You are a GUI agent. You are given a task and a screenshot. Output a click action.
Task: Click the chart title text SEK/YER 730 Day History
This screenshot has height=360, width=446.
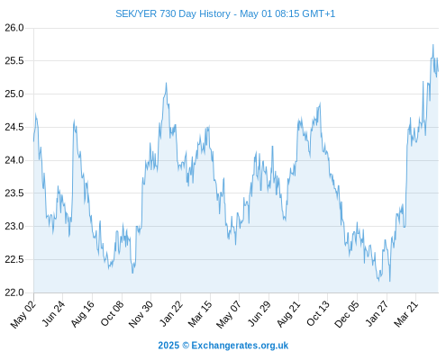(x=173, y=13)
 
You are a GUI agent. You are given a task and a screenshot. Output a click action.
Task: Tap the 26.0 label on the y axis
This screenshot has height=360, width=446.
(x=14, y=28)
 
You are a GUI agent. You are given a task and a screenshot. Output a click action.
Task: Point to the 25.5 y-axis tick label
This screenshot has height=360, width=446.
(x=14, y=61)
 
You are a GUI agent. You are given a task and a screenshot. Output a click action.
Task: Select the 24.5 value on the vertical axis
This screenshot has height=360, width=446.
(x=14, y=127)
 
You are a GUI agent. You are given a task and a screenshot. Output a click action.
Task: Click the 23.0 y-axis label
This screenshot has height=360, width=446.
(x=14, y=226)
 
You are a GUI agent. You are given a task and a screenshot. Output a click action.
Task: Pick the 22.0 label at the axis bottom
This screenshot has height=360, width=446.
(x=14, y=292)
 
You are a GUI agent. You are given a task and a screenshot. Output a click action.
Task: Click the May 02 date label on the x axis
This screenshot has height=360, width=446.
(x=23, y=314)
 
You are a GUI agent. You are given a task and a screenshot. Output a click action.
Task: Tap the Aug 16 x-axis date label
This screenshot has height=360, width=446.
(x=83, y=313)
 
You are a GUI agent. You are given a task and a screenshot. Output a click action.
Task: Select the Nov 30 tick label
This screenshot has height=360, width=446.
(x=141, y=314)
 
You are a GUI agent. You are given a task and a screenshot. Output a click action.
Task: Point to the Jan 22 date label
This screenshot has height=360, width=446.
(x=171, y=313)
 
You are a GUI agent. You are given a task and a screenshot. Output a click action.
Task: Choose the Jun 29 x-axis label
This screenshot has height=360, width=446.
(x=259, y=313)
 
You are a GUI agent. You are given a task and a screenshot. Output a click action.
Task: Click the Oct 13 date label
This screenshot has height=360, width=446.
(x=318, y=313)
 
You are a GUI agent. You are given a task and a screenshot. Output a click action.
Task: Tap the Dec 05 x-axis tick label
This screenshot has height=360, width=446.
(x=347, y=314)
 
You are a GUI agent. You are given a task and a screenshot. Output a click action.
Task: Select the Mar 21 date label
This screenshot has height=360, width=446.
(x=406, y=313)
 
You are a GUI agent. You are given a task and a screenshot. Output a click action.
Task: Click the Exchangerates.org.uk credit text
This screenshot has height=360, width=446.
(x=240, y=346)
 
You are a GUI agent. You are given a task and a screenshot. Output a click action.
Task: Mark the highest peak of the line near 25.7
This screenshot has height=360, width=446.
(x=433, y=45)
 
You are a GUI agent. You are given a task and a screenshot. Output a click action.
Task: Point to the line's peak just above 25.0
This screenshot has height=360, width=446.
(x=166, y=83)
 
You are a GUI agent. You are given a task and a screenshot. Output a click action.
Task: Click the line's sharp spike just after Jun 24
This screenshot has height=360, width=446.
(x=74, y=120)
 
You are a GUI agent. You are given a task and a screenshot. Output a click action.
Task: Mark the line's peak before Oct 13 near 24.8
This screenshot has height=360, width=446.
(x=320, y=103)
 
